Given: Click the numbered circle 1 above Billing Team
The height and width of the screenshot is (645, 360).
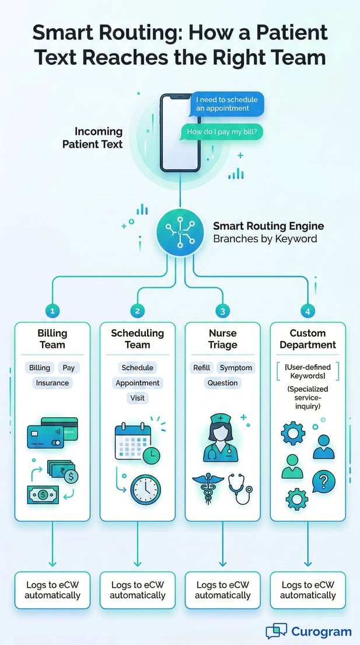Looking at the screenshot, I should coord(52,311).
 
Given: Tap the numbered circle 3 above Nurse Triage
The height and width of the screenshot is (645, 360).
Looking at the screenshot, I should coord(222,311).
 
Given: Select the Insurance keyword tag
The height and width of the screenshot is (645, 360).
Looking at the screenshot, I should coord(52,383).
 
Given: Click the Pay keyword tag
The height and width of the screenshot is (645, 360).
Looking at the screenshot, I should coord(69,368).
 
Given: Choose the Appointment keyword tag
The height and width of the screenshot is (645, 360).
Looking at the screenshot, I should coord(137,383).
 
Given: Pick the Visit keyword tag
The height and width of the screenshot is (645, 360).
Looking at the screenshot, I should coord(137,398).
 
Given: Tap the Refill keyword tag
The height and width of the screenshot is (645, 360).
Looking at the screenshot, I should coord(201,368).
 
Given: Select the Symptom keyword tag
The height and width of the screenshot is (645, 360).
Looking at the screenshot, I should coord(236,368).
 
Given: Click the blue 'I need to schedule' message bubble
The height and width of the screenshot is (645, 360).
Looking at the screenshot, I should coord(227,104).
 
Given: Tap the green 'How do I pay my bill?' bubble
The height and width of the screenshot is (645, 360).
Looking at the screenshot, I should coord(222,133).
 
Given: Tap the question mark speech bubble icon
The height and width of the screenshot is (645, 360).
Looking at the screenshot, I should coord(323,482).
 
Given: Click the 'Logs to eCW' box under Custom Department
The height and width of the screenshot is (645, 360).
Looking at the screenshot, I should coord(307,590).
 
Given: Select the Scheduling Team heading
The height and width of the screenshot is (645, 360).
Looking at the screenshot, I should coord(137,339).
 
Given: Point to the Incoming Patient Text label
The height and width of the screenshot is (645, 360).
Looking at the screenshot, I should coord(93,138).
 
